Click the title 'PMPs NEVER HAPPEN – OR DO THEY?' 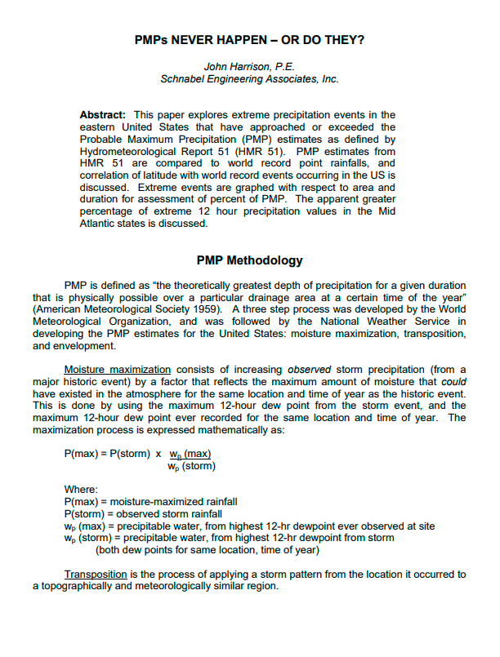[249, 39]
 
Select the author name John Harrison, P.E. [249, 66]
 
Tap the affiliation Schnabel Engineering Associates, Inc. [249, 79]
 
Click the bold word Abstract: [103, 115]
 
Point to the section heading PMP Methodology [249, 261]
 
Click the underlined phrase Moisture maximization [117, 370]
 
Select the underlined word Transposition [96, 575]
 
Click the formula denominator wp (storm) [191, 467]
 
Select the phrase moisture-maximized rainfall [175, 502]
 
